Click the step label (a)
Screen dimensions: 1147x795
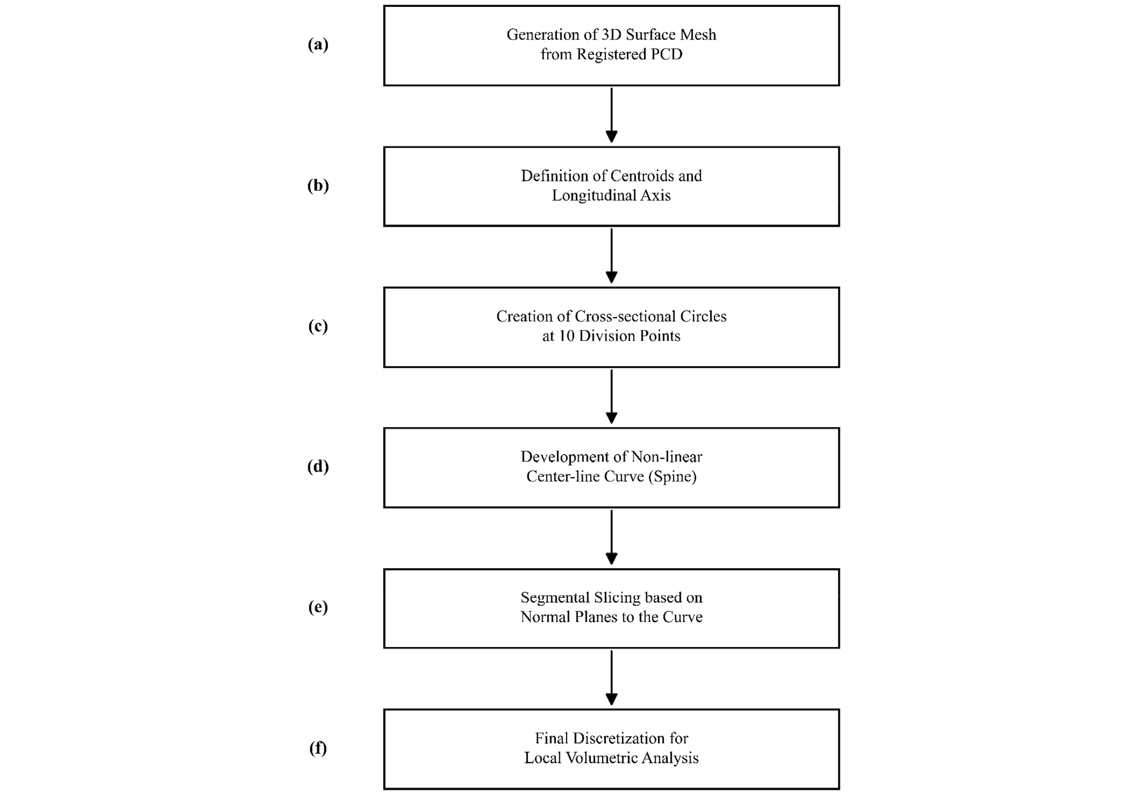coord(318,45)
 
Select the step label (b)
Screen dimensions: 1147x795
coord(318,186)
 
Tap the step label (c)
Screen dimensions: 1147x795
coord(318,326)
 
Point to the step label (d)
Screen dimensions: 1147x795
coord(318,467)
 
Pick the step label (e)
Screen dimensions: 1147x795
coord(318,607)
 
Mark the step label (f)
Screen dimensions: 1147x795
coord(318,748)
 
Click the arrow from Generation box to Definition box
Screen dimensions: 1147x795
coord(611,115)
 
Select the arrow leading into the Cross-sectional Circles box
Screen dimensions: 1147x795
coord(611,256)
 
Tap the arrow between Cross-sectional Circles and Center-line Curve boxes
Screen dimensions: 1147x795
coord(611,396)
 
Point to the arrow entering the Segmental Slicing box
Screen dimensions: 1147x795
coord(611,537)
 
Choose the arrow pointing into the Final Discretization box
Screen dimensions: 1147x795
coord(611,678)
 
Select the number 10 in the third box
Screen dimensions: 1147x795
coord(566,336)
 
